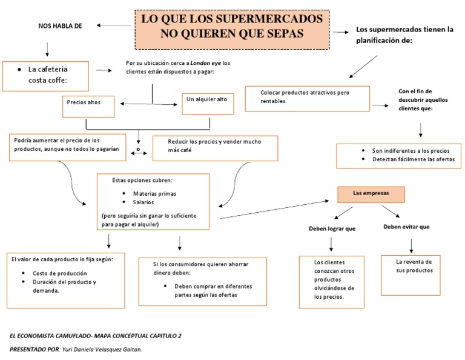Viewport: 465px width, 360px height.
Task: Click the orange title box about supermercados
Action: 232,29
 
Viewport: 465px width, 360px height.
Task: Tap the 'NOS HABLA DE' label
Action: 60,25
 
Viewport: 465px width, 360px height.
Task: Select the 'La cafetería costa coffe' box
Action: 46,75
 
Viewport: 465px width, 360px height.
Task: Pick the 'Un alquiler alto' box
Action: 208,102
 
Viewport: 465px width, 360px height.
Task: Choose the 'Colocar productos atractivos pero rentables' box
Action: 307,98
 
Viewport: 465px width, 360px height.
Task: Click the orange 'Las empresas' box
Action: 371,194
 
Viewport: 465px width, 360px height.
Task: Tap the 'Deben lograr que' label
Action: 332,228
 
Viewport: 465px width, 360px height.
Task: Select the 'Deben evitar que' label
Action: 407,227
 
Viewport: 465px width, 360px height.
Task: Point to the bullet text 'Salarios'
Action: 144,202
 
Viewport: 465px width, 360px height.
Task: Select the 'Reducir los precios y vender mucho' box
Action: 215,147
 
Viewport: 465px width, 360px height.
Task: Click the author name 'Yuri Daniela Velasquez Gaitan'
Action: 107,350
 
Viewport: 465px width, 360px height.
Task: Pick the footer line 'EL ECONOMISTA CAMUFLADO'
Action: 96,335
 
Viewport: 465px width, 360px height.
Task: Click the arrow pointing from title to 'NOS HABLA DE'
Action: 114,25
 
